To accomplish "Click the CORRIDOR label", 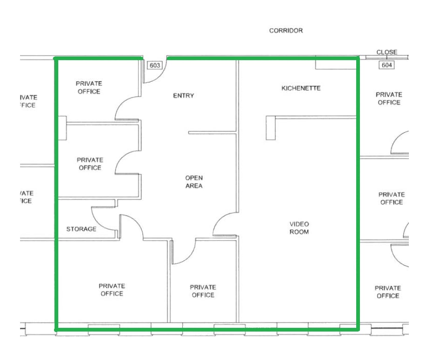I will click(286, 31).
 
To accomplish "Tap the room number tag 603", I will click(155, 65).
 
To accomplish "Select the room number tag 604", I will click(386, 65).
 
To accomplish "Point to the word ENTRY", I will click(183, 96).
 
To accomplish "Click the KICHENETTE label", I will click(301, 88).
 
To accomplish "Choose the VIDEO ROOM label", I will click(299, 228).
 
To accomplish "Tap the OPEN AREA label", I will click(194, 182).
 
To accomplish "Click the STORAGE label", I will click(81, 229).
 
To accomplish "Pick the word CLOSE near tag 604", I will click(387, 52).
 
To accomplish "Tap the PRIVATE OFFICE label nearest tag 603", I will click(89, 88).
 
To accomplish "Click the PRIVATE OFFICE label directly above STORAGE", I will click(90, 164).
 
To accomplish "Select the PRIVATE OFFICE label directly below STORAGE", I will click(112, 290).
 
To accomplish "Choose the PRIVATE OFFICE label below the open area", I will click(203, 291).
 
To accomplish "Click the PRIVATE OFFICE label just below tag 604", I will click(389, 98).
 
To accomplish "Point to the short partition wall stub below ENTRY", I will click(212, 132).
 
